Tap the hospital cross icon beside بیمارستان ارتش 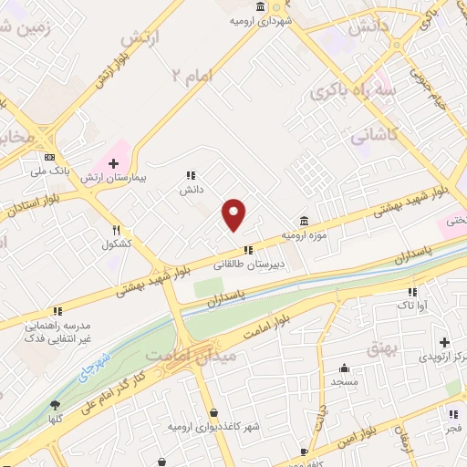pyautogui.click(x=114, y=164)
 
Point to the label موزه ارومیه pyautogui.click(x=304, y=235)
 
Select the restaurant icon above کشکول pyautogui.click(x=117, y=231)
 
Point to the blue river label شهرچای pyautogui.click(x=94, y=368)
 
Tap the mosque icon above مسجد pyautogui.click(x=344, y=369)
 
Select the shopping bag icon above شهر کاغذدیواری pyautogui.click(x=213, y=412)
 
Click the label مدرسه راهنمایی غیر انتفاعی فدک pyautogui.click(x=57, y=331)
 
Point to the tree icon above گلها pyautogui.click(x=57, y=405)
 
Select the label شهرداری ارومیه pyautogui.click(x=261, y=18)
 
